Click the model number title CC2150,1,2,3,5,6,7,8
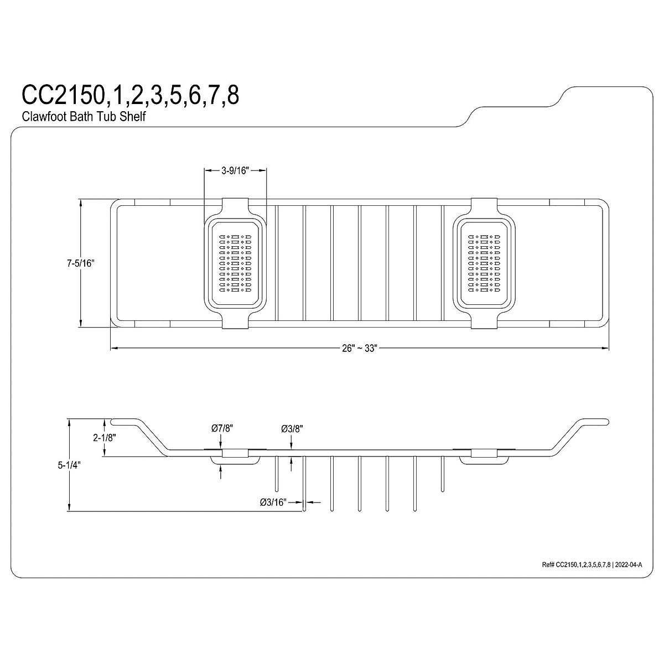130,95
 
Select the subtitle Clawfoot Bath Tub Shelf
84,117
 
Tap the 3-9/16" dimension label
236,172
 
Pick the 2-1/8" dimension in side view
104,437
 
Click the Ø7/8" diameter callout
222,428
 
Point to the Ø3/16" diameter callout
272,502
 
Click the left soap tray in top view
236,263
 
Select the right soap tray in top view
485,263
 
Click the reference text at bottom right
592,565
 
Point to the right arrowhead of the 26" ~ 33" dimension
605,349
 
